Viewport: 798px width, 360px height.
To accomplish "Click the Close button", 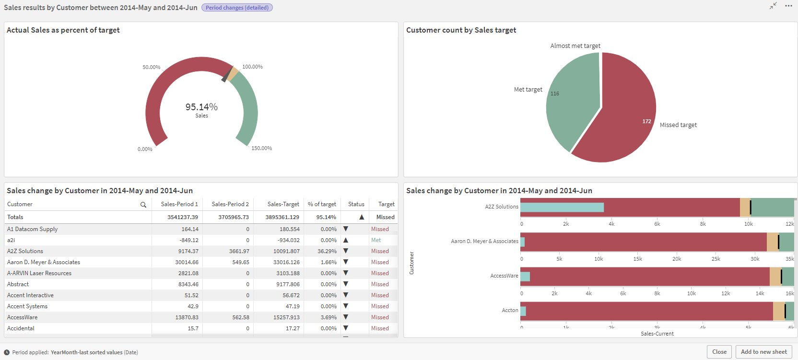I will coord(719,352).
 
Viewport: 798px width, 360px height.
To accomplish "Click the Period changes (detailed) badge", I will coord(237,8).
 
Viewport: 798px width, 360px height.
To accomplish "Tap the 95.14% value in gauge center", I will coord(201,107).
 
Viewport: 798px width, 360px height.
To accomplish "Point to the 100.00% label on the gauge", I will coord(252,67).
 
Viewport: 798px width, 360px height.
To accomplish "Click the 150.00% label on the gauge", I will coord(261,148).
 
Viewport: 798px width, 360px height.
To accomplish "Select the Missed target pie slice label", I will coord(678,125).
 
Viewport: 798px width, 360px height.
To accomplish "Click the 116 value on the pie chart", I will coord(554,94).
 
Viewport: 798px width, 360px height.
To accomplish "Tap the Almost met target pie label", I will coord(575,46).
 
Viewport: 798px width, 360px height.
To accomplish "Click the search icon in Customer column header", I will coord(143,205).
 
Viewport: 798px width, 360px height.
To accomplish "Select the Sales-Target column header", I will coord(283,204).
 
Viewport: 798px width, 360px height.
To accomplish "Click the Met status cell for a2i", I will coord(376,240).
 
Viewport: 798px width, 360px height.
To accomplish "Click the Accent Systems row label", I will coord(27,306).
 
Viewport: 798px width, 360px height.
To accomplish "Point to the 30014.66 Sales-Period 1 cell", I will coord(187,262).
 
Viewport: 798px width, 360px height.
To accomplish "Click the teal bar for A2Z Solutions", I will coord(562,207).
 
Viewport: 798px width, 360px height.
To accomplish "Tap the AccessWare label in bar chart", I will coord(504,276).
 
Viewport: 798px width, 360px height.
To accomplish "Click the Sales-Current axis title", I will coord(657,334).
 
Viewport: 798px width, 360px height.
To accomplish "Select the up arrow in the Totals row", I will coord(362,217).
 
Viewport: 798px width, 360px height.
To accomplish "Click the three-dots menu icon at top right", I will coord(788,6).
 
